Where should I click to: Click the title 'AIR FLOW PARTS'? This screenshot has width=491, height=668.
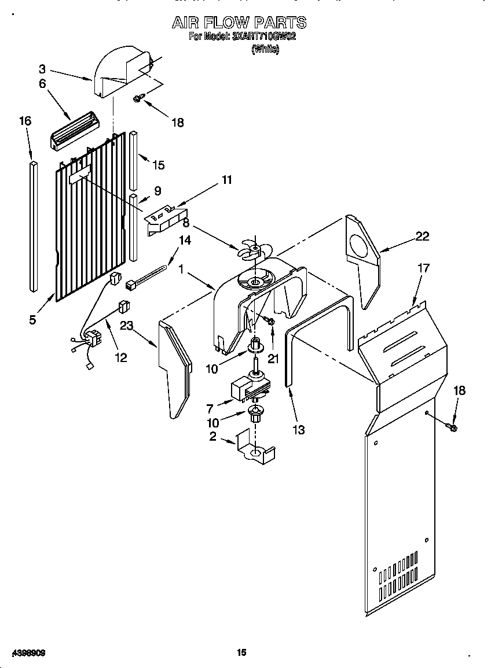(x=239, y=23)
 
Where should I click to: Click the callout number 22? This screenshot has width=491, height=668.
(x=423, y=235)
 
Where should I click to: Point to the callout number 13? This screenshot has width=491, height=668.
(x=299, y=430)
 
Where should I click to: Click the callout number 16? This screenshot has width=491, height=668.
(x=25, y=121)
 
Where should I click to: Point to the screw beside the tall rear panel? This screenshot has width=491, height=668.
(x=452, y=427)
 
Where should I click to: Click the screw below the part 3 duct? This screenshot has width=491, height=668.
(x=137, y=99)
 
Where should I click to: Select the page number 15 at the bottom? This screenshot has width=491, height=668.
(x=241, y=652)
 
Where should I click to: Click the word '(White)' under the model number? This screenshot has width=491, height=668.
(x=265, y=50)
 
